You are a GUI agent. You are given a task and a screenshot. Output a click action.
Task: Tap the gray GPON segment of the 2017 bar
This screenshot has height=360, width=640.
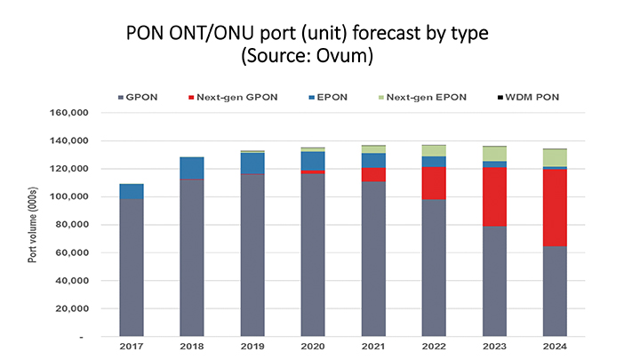(x=132, y=268)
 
